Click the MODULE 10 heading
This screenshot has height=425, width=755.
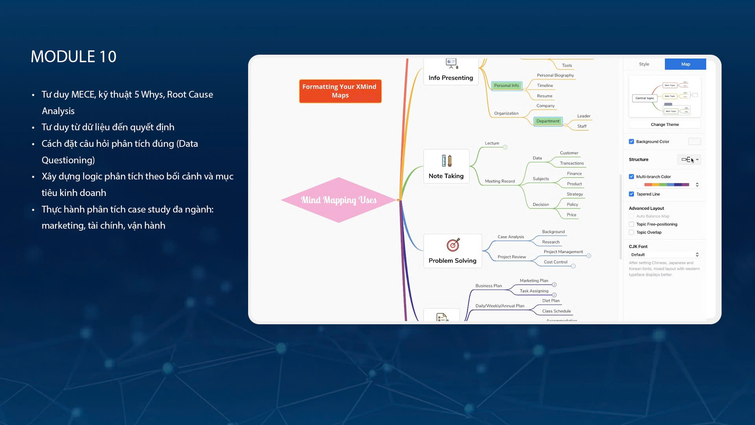pos(74,57)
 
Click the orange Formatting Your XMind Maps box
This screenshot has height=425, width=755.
pos(340,91)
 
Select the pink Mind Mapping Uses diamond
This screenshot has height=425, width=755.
pos(339,200)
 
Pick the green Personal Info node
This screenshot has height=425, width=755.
pos(506,85)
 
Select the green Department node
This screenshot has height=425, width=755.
pos(548,121)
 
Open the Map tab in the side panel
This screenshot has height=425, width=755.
pos(685,64)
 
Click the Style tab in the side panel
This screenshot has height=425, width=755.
pos(644,64)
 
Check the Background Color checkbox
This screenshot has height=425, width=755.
pos(632,142)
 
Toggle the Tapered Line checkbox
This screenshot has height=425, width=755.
pos(632,194)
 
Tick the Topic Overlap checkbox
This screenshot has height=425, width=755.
pos(632,233)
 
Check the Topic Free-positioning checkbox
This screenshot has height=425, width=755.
pos(632,224)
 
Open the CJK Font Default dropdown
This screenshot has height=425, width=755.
pos(665,255)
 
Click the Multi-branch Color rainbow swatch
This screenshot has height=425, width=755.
pos(667,185)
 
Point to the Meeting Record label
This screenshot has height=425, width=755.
pos(500,181)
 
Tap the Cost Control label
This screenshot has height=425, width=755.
pos(555,262)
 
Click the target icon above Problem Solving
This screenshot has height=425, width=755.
pos(453,245)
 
